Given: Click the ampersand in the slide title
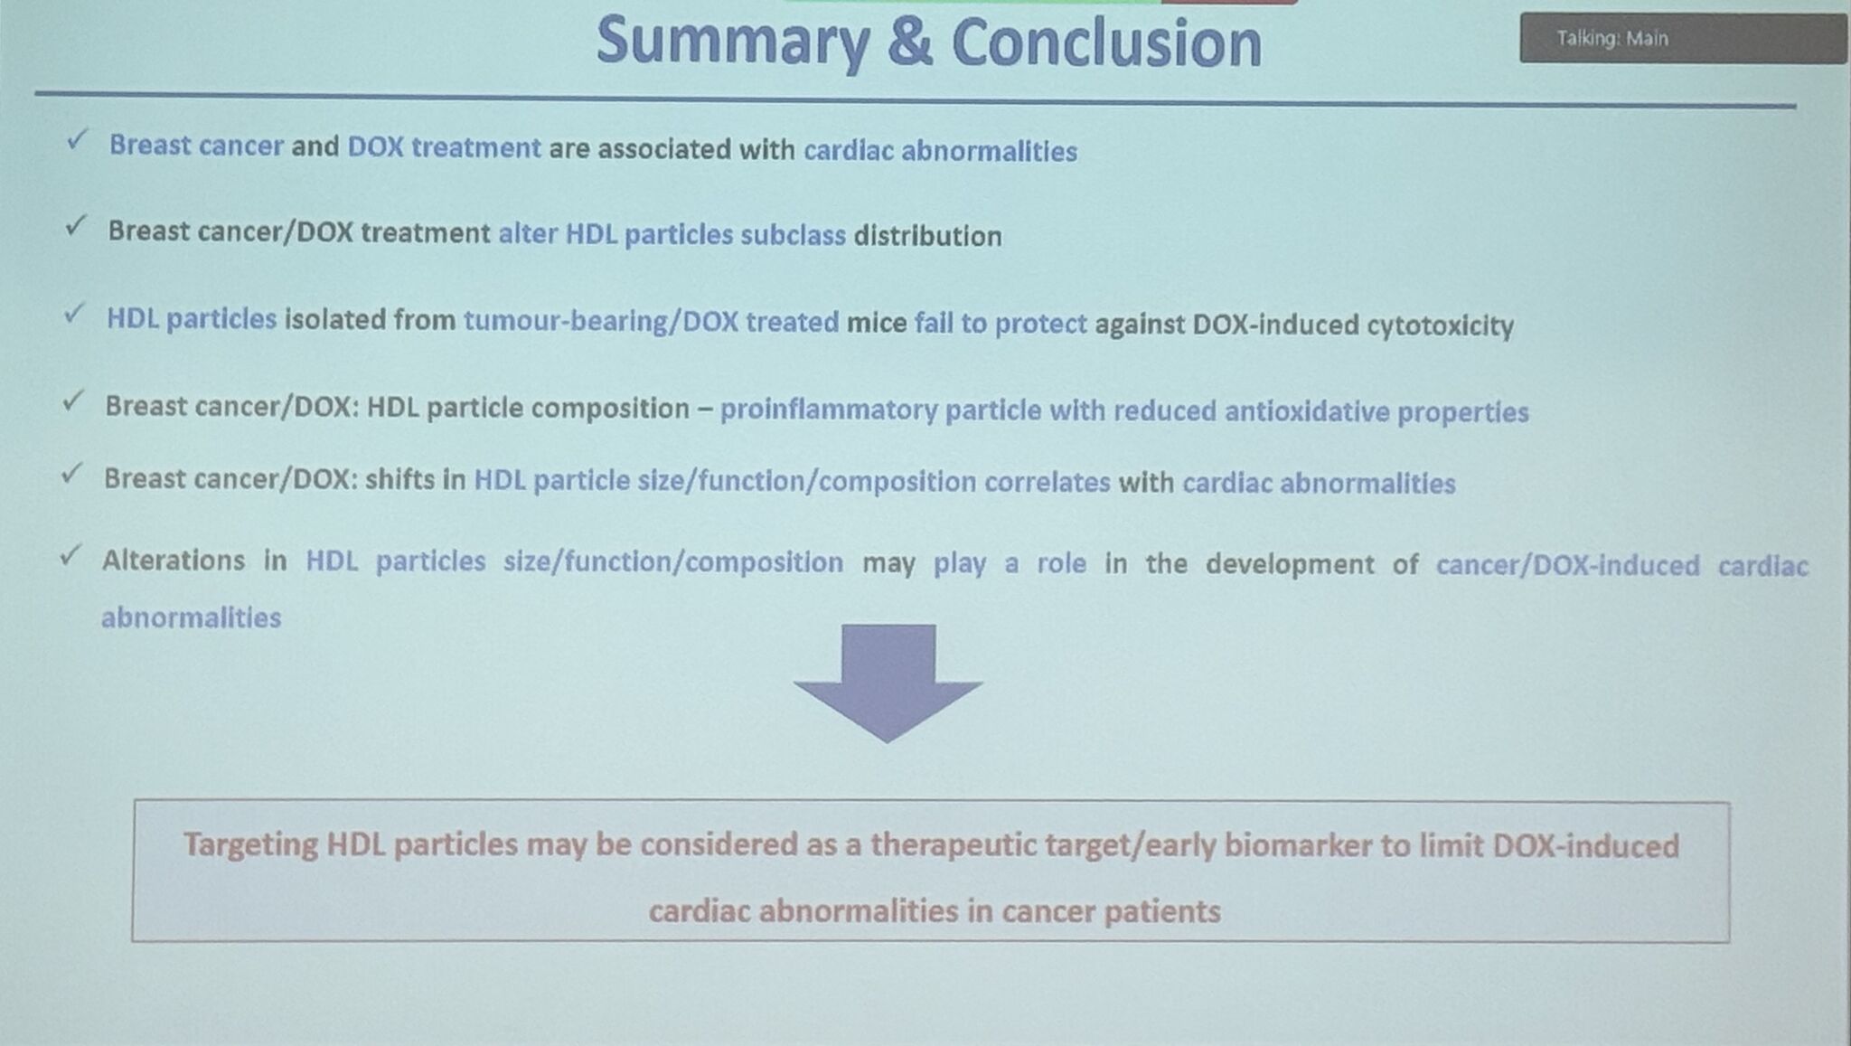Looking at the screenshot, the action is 909,42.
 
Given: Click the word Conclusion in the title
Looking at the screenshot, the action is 1106,42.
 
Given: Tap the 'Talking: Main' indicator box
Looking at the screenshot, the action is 1683,38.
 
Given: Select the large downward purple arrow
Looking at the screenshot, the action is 888,683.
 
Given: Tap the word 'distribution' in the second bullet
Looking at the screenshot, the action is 927,236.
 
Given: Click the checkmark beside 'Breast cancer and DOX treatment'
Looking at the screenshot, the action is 78,139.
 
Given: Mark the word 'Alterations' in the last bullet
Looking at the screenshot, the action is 174,561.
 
